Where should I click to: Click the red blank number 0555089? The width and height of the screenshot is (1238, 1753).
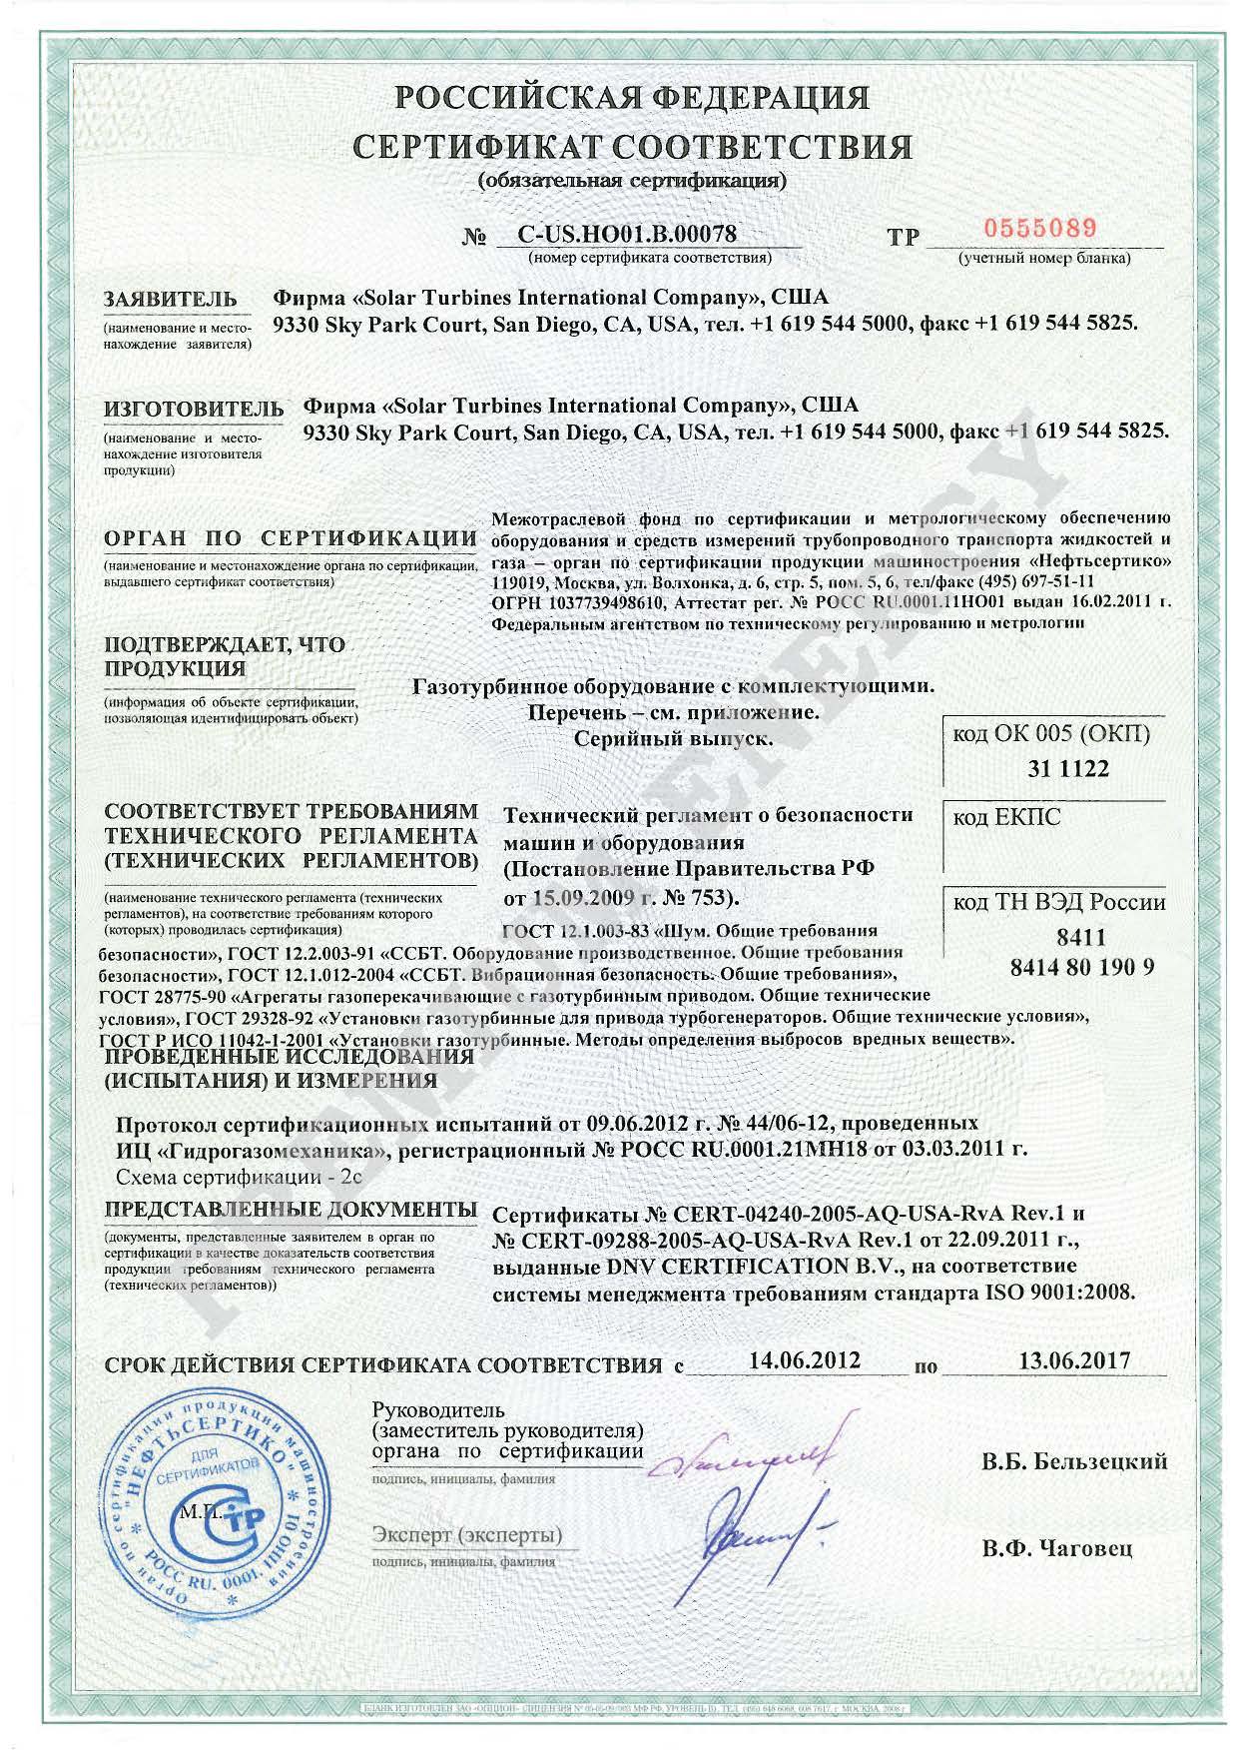(x=1040, y=228)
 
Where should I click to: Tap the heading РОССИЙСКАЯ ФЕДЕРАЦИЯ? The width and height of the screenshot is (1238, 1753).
(x=631, y=98)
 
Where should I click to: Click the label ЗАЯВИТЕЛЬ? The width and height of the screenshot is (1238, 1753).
(x=171, y=299)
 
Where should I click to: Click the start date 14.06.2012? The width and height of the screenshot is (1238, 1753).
(x=804, y=1359)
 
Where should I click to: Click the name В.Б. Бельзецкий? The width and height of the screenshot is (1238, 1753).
(x=1074, y=1462)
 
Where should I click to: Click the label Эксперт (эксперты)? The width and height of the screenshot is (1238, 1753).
(x=466, y=1533)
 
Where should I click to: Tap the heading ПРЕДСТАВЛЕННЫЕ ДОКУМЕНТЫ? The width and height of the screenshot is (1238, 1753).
(x=290, y=1209)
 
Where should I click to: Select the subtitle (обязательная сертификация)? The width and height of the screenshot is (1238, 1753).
(x=633, y=181)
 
